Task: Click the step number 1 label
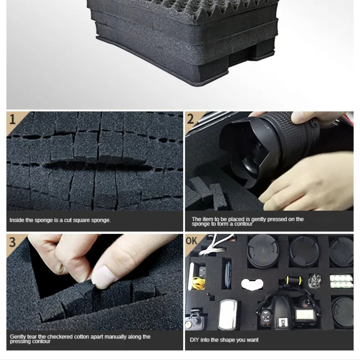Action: coord(13,120)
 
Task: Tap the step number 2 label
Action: coord(190,119)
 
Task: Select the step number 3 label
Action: coord(13,242)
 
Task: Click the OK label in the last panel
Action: coord(192,241)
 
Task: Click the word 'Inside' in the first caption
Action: coord(17,220)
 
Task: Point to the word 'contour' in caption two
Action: coord(243,224)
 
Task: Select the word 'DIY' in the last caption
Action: coord(194,340)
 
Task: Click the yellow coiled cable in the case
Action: coord(198,283)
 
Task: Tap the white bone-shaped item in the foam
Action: coord(252,284)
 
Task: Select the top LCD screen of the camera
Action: coord(305,314)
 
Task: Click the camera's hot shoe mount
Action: coord(282,322)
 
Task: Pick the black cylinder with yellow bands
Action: coord(293,280)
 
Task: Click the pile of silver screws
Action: coord(315,281)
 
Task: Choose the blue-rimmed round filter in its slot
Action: coord(228,275)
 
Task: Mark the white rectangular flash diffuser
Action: coord(227,314)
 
